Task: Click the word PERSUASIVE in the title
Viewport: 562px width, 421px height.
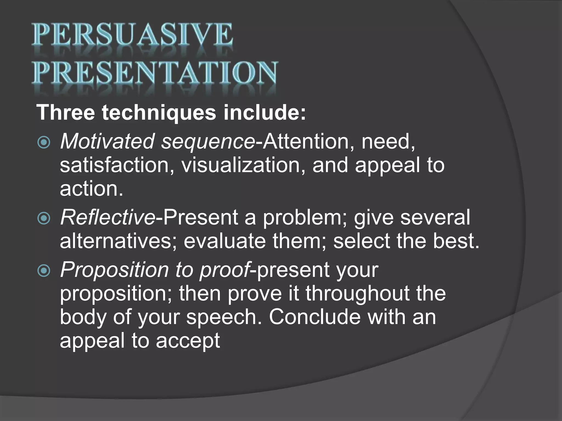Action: point(132,35)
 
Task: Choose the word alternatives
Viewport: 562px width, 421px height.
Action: point(118,241)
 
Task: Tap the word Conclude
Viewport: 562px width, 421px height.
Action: point(314,317)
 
